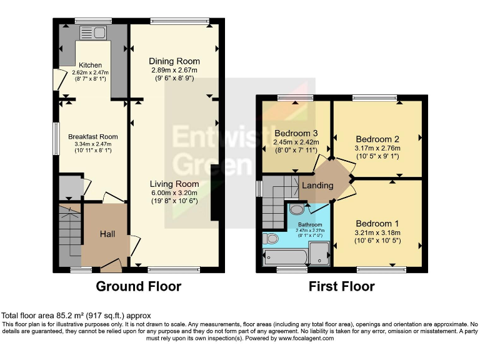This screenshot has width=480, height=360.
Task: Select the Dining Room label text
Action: (174, 61)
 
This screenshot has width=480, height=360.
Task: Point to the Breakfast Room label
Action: (93, 137)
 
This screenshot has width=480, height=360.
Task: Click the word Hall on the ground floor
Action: (107, 234)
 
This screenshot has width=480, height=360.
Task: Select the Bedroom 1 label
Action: (377, 224)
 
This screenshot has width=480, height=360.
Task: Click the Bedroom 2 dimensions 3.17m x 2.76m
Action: (377, 149)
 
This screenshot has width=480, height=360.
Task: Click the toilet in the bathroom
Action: (271, 238)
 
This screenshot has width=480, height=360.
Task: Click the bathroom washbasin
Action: (297, 209)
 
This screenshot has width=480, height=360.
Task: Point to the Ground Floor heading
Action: (138, 287)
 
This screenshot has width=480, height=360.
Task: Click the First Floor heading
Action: (342, 287)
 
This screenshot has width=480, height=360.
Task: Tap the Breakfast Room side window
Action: (55, 137)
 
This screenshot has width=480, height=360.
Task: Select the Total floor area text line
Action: (76, 316)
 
